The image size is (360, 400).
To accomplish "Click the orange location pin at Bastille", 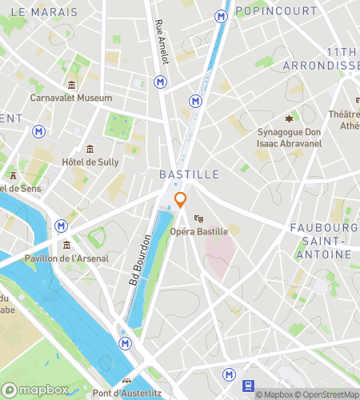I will click(181, 200).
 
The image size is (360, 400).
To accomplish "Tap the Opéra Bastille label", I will click(199, 231).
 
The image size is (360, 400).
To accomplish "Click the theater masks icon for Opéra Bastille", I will click(199, 218).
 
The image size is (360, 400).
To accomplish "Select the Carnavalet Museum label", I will click(71, 98).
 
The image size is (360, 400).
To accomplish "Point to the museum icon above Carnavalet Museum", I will click(72, 86).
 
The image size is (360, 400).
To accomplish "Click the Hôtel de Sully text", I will click(90, 162).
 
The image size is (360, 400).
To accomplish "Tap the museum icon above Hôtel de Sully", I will click(90, 149).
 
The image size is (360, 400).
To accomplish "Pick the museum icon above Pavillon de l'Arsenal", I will click(66, 245).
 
